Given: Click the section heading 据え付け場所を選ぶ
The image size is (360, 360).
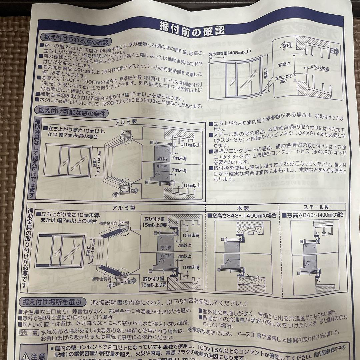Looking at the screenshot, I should click(51, 302).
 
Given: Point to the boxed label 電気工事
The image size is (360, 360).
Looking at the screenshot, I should click(29, 332).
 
